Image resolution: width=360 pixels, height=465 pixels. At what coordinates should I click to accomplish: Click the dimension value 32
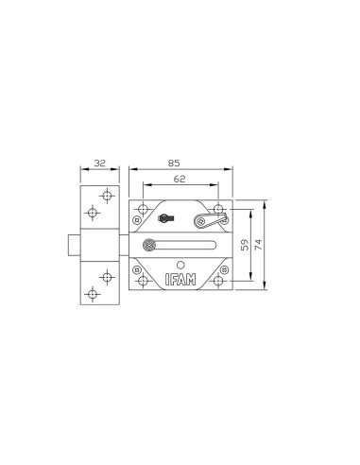[100, 164]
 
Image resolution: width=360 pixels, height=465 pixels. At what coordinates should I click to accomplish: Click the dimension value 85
[174, 164]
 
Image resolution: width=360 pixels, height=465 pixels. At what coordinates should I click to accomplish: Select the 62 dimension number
[180, 179]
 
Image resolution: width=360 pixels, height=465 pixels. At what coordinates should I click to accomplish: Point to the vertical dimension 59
[245, 245]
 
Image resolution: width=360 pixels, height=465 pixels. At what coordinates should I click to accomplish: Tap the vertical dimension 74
[258, 245]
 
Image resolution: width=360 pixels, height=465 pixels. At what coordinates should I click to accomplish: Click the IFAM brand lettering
[180, 280]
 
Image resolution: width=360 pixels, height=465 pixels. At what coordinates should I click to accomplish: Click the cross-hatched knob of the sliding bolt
[149, 245]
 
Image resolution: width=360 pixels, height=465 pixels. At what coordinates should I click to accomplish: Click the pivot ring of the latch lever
[199, 221]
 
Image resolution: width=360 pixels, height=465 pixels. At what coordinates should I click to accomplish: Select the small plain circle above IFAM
[180, 266]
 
